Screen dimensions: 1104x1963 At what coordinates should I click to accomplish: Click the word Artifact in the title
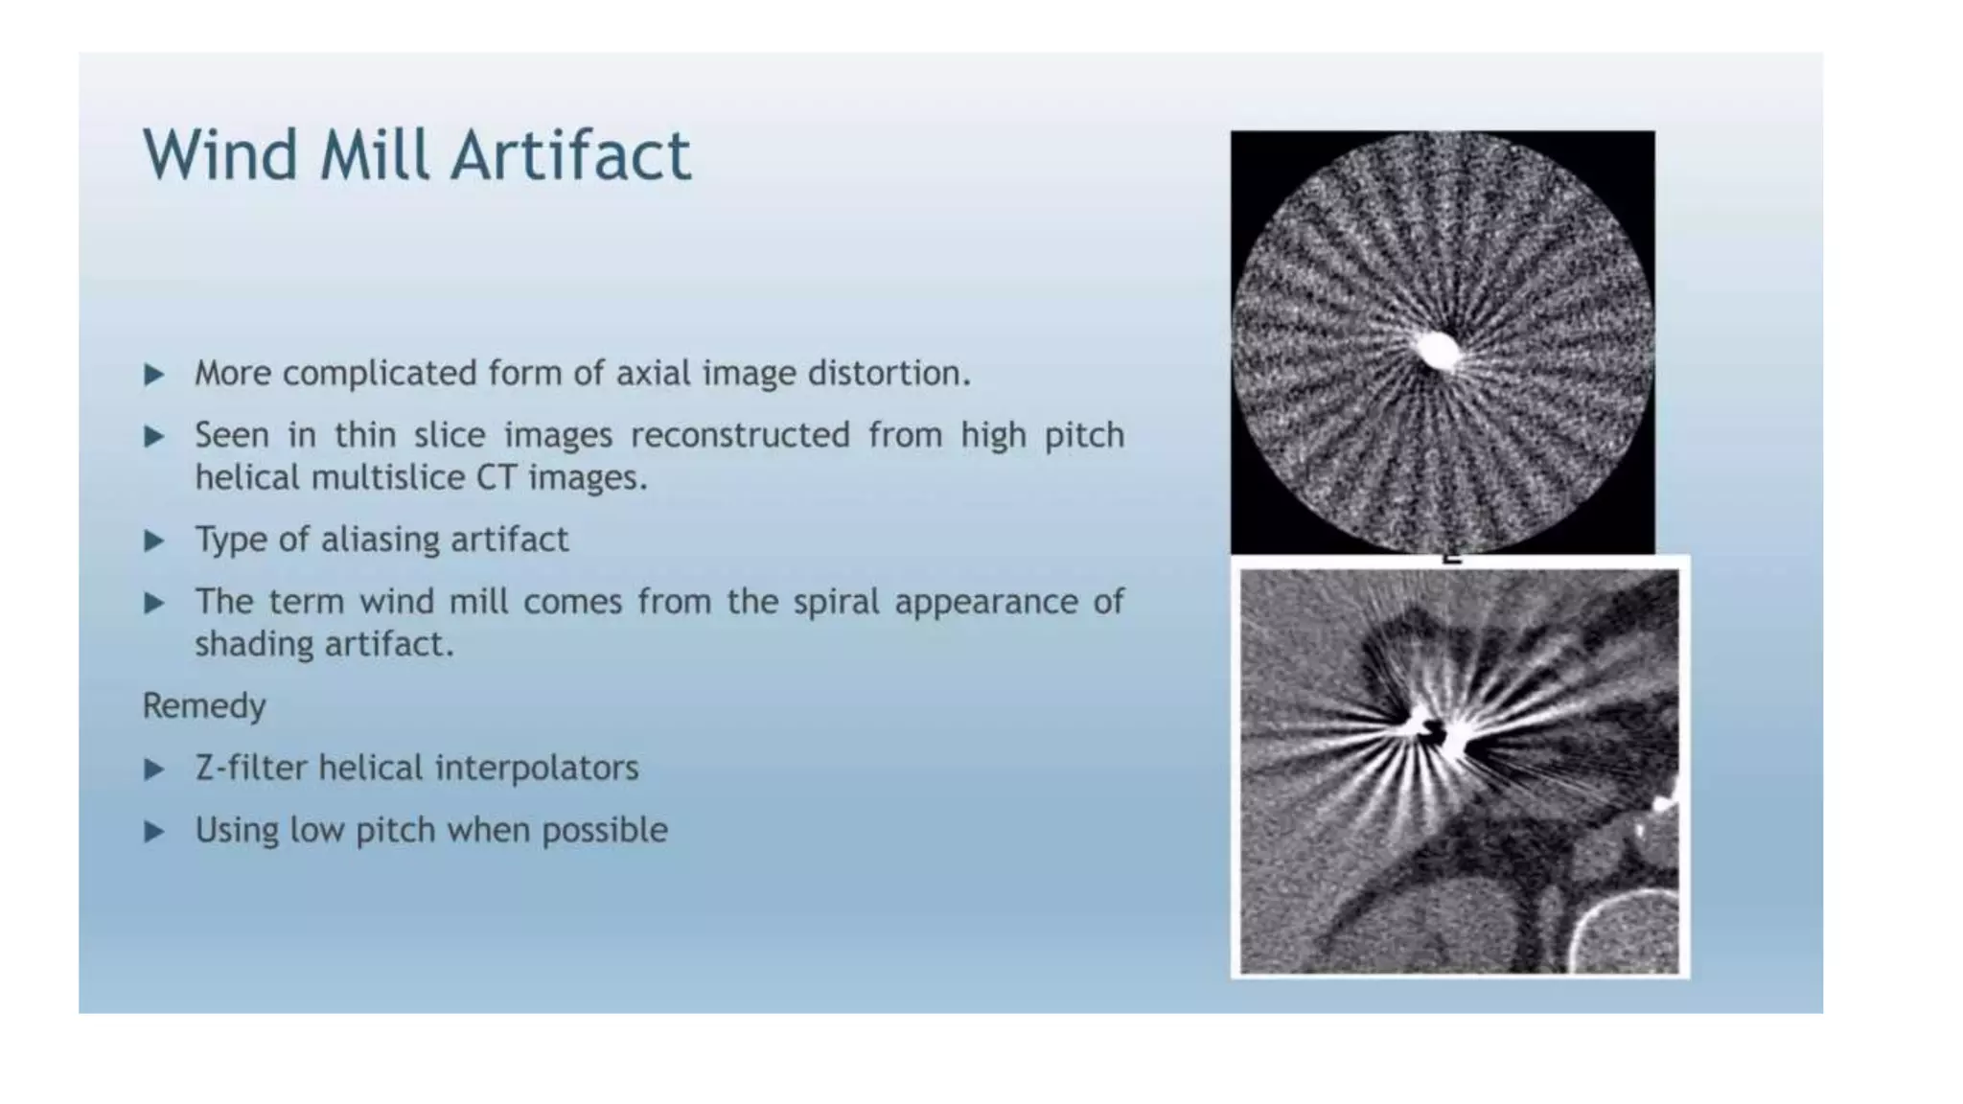(x=570, y=155)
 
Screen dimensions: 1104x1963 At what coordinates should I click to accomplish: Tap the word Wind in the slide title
(x=220, y=155)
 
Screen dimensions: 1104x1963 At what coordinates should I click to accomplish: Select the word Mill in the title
(x=374, y=155)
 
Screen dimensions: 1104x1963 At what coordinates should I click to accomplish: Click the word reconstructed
(x=740, y=436)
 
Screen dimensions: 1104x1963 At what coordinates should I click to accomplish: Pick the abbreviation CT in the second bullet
(x=497, y=477)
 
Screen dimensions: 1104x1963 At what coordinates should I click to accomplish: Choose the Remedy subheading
(x=204, y=706)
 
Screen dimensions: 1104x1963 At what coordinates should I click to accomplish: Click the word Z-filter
(x=250, y=769)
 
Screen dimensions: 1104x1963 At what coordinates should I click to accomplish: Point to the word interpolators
(x=542, y=769)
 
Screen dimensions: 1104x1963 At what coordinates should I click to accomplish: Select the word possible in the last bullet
(x=605, y=830)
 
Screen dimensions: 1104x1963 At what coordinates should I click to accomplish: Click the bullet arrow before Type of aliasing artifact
(x=154, y=540)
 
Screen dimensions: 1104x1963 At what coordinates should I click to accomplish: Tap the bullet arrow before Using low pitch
(x=154, y=831)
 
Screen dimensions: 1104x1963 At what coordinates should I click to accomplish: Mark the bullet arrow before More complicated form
(x=154, y=374)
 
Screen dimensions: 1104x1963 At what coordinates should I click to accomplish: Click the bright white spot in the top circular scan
(x=1437, y=350)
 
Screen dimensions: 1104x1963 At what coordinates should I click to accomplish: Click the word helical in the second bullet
(x=247, y=477)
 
